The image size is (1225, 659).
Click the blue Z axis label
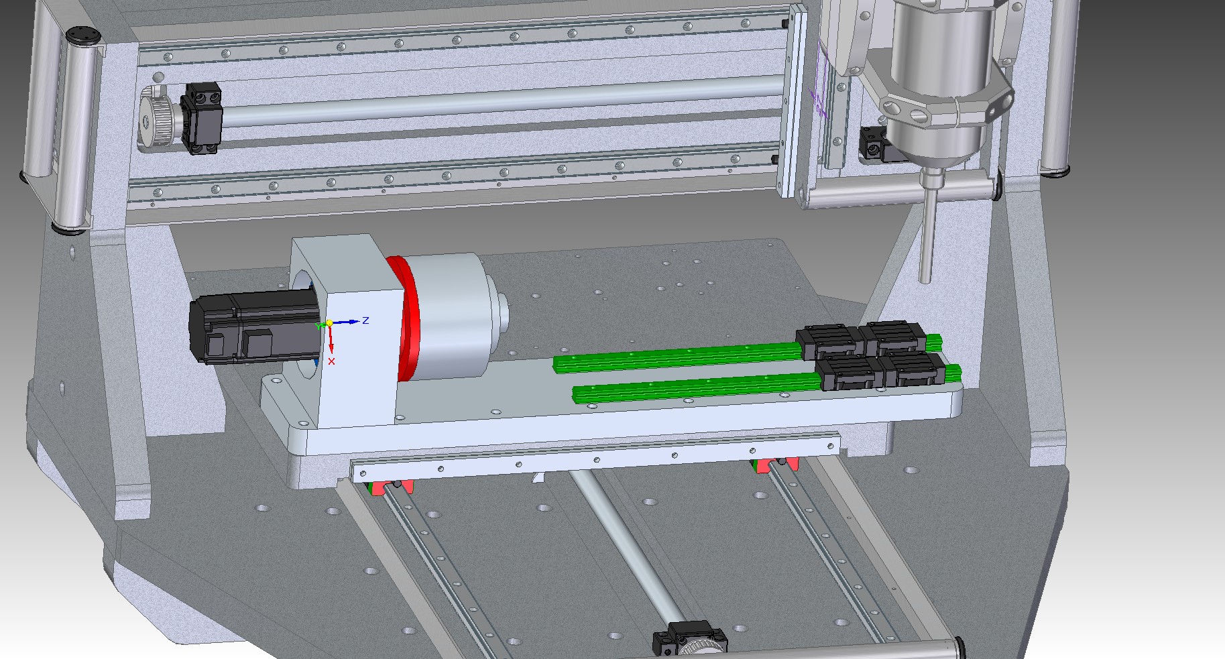coord(365,320)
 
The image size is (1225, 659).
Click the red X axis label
coord(331,361)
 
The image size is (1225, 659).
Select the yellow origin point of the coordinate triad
coord(329,324)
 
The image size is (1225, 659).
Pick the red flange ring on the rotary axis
coord(408,318)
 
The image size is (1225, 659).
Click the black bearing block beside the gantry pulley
coord(202,118)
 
